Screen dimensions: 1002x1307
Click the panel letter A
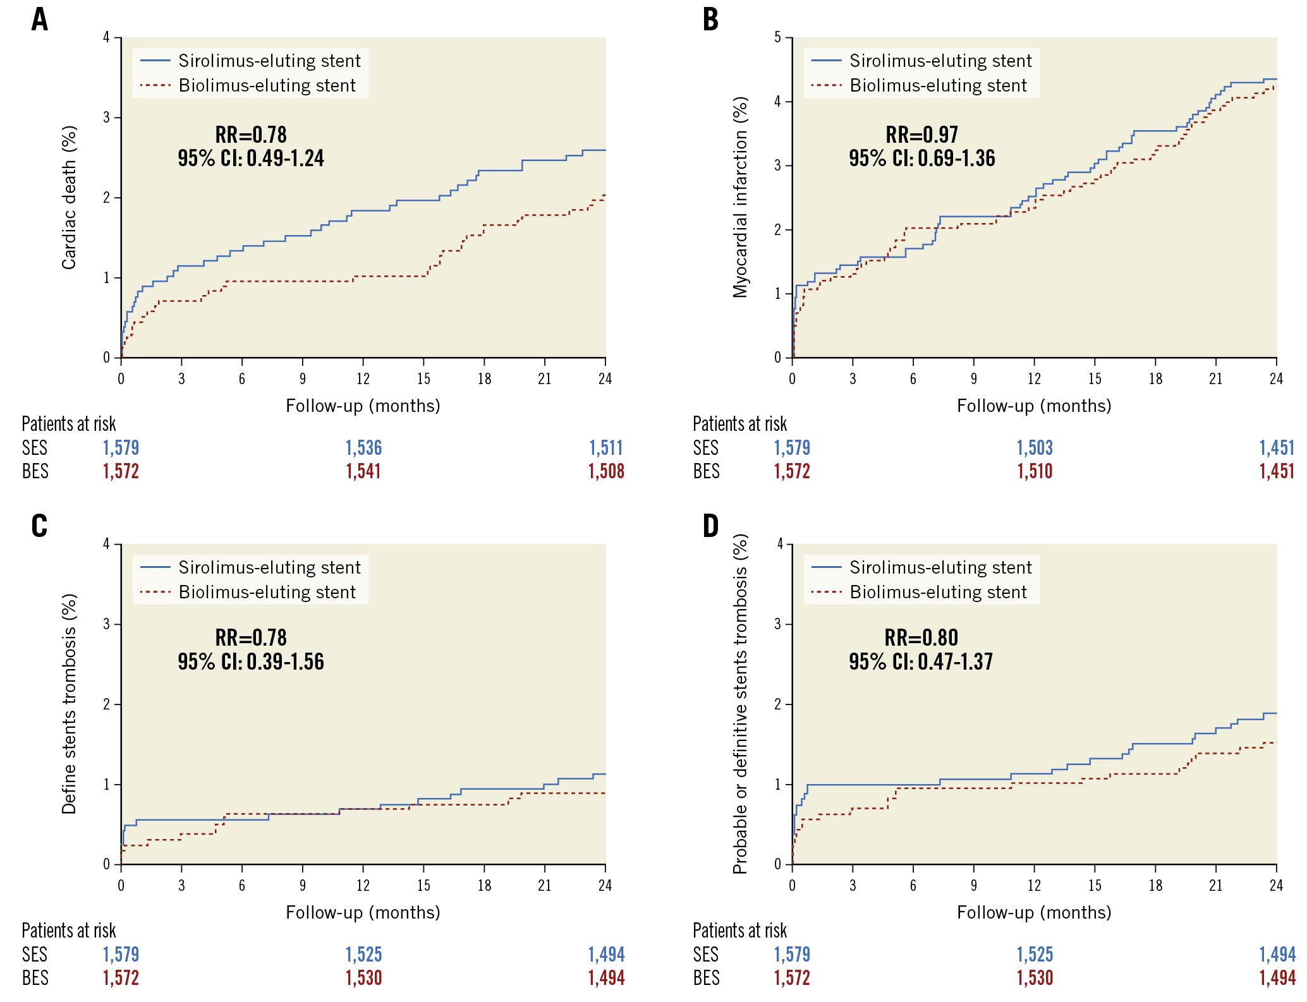(40, 20)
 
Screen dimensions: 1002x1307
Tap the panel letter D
(710, 526)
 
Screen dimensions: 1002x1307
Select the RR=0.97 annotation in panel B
(921, 135)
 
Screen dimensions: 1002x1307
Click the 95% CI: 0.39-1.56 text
(250, 661)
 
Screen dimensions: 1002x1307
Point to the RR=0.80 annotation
(921, 637)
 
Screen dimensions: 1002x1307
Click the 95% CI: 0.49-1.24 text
(250, 158)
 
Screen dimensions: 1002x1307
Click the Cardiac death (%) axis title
(69, 198)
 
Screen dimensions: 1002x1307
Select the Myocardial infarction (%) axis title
(740, 197)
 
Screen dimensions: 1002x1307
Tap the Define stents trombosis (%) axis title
(69, 704)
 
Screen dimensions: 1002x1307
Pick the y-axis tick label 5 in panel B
(778, 38)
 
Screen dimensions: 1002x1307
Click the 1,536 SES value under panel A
(363, 448)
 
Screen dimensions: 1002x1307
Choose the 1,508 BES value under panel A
(606, 471)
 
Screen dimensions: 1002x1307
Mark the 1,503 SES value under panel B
(1035, 448)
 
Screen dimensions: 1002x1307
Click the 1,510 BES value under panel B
(1035, 471)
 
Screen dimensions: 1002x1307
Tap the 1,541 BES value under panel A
(363, 471)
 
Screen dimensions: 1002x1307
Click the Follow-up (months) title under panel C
(363, 912)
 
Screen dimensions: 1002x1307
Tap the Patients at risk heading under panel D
(739, 931)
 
